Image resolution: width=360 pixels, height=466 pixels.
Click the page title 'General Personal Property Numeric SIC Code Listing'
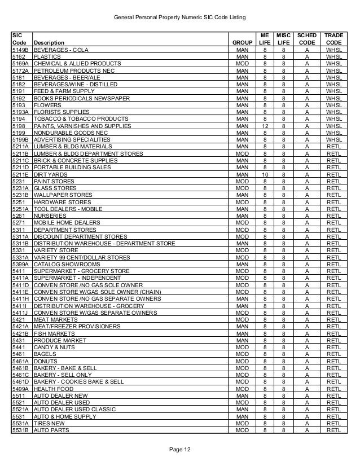pyautogui.click(x=180, y=18)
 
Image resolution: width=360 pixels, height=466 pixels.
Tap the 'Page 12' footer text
pyautogui.click(x=180, y=448)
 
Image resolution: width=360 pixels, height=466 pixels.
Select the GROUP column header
pyautogui.click(x=242, y=42)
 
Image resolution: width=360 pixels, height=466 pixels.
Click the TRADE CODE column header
pyautogui.click(x=333, y=38)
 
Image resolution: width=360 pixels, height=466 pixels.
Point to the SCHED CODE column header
pyautogui.click(x=306, y=38)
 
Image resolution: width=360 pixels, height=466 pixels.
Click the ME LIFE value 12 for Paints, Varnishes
pyautogui.click(x=264, y=125)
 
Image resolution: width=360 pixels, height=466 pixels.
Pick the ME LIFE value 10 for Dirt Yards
pyautogui.click(x=264, y=174)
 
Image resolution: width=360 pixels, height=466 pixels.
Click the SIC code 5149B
pyautogui.click(x=21, y=50)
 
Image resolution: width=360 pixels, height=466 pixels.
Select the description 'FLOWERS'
pyautogui.click(x=47, y=104)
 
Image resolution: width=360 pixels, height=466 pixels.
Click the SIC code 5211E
pyautogui.click(x=21, y=174)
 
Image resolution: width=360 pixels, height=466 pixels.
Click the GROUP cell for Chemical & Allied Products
pyautogui.click(x=242, y=64)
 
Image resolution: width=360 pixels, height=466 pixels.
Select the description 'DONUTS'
pyautogui.click(x=45, y=361)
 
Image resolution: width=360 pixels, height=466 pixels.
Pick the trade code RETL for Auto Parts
pyautogui.click(x=333, y=430)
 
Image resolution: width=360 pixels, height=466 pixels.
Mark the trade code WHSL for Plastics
pyautogui.click(x=333, y=57)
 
